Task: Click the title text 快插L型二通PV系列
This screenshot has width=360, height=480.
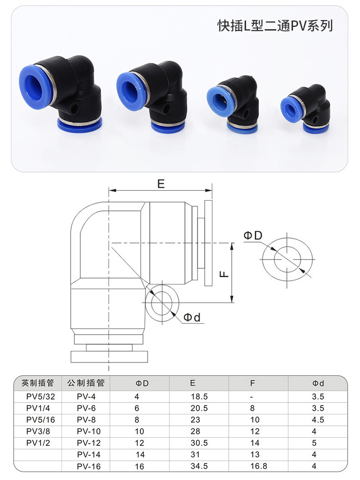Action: (275, 26)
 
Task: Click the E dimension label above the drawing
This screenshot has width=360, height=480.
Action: (161, 184)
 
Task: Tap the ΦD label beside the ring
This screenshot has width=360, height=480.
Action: (253, 235)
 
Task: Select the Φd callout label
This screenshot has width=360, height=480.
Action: (192, 317)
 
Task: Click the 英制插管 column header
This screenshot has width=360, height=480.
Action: (38, 383)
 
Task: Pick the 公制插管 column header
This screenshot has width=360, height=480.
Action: (86, 383)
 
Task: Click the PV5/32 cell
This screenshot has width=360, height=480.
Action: (41, 397)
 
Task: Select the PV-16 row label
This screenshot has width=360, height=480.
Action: (89, 466)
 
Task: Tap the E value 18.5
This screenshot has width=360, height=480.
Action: (199, 397)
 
